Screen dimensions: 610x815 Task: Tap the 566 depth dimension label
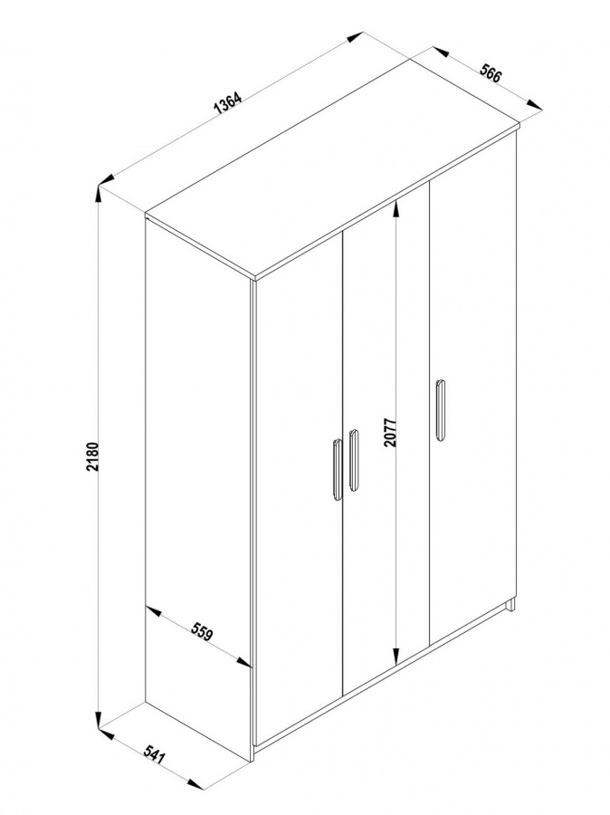490,72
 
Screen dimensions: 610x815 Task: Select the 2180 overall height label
91,457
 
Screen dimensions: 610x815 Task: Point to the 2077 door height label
390,432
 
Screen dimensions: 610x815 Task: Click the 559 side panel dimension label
202,631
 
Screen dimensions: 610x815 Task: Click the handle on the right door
440,410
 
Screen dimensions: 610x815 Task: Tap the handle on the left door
337,470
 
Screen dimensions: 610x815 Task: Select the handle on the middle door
353,460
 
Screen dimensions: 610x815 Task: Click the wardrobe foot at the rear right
511,605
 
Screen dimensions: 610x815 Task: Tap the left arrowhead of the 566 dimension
441,52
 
